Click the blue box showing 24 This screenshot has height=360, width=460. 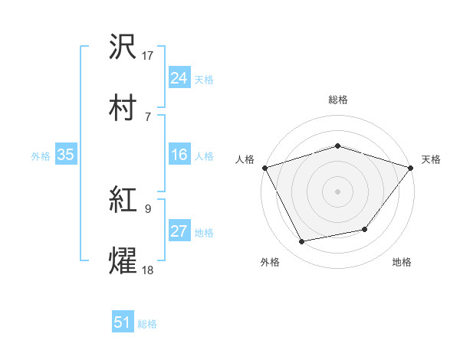pyautogui.click(x=179, y=78)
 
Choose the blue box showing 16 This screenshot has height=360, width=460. pyautogui.click(x=179, y=155)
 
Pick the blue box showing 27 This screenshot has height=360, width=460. pyautogui.click(x=179, y=231)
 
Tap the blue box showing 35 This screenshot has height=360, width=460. pyautogui.click(x=65, y=155)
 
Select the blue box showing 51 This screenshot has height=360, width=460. pyautogui.click(x=123, y=322)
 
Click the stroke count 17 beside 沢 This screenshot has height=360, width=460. pyautogui.click(x=148, y=55)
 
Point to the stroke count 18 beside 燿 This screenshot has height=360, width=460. pyautogui.click(x=148, y=270)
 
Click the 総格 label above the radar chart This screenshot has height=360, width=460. pyautogui.click(x=337, y=100)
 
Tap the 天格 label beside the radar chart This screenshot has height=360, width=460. pyautogui.click(x=431, y=159)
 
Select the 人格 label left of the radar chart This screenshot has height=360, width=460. pyautogui.click(x=245, y=159)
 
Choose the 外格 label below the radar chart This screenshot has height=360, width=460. pyautogui.click(x=270, y=263)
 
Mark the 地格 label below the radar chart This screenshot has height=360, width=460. pyautogui.click(x=402, y=263)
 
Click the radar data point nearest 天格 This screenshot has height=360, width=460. pyautogui.click(x=411, y=167)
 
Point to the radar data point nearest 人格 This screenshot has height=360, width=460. pyautogui.click(x=264, y=167)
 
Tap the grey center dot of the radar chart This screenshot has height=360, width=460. pyautogui.click(x=337, y=191)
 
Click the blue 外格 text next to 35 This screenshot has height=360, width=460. pyautogui.click(x=41, y=155)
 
